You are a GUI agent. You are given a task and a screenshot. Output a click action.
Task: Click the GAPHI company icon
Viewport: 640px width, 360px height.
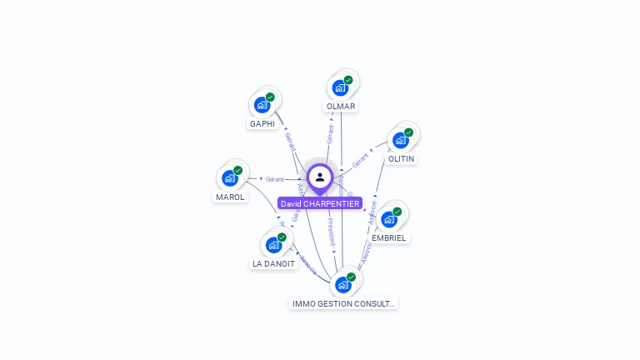(x=262, y=105)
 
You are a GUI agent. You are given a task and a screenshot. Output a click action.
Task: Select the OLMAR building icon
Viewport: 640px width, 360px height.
(x=340, y=87)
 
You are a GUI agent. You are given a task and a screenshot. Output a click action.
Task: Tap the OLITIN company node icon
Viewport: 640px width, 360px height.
(x=401, y=140)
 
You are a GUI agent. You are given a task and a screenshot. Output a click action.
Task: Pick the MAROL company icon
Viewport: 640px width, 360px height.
(x=230, y=177)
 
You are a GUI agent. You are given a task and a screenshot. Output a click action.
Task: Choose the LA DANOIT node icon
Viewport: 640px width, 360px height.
(x=273, y=245)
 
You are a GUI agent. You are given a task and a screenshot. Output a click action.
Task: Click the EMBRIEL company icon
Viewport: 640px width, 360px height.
(x=389, y=219)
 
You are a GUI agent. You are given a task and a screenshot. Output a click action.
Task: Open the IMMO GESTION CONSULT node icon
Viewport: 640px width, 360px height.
(x=342, y=284)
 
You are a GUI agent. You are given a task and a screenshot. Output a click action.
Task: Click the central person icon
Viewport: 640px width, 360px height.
(x=320, y=177)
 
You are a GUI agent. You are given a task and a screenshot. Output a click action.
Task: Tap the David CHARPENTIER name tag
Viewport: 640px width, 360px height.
(x=320, y=203)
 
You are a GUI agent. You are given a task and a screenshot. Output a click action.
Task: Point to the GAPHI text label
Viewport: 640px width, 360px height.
(x=262, y=124)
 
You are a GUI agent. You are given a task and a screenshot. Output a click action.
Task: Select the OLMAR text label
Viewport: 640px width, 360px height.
(x=341, y=107)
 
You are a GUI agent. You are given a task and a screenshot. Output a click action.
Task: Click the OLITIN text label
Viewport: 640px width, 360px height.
(x=401, y=158)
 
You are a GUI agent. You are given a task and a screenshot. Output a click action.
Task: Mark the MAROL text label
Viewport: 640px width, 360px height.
(x=230, y=197)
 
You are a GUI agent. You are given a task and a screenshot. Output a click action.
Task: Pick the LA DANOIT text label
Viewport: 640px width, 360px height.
(x=273, y=264)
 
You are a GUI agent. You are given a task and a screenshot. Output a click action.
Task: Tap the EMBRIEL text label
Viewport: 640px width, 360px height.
(x=389, y=238)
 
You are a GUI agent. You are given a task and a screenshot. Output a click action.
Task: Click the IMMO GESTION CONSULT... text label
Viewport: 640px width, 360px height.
(x=343, y=304)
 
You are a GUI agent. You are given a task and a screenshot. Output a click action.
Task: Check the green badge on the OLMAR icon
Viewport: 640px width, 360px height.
(x=348, y=80)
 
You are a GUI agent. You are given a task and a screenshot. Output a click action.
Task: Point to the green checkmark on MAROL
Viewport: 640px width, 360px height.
(x=238, y=170)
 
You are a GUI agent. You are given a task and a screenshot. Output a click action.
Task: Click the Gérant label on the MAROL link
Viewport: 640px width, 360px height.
(x=275, y=179)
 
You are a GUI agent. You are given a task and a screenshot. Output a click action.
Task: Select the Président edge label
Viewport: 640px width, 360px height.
(x=330, y=231)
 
